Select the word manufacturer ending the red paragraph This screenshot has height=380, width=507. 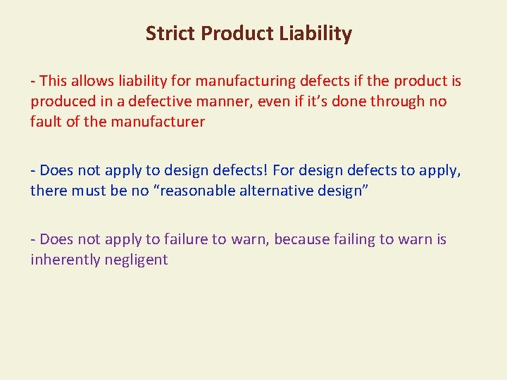[x=160, y=122]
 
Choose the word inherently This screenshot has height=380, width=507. [x=64, y=260]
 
